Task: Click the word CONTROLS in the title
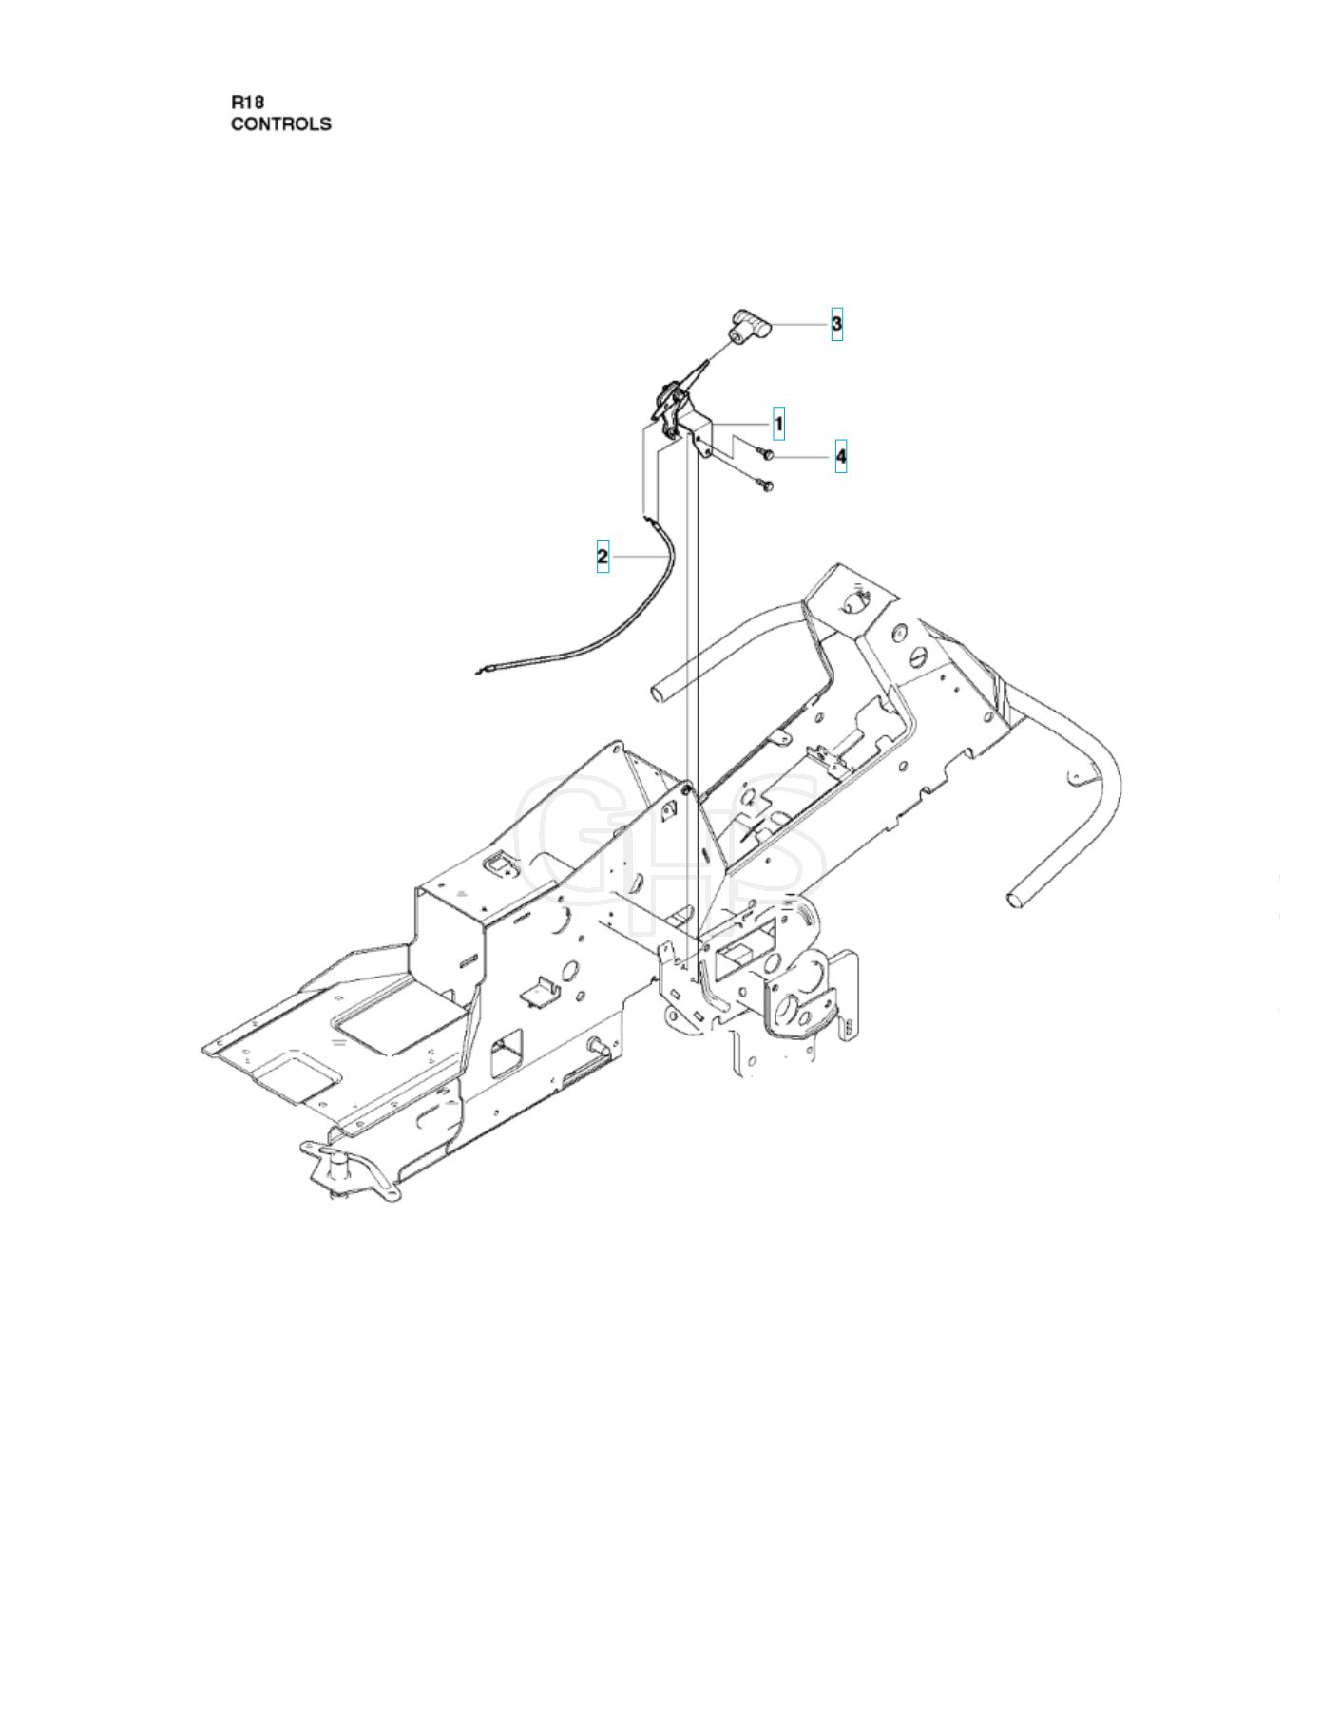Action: coord(281,123)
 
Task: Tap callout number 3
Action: coord(836,324)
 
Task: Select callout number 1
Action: coord(778,424)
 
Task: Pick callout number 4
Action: coord(841,457)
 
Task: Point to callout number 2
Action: coord(602,556)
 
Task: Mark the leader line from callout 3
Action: coord(799,324)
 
